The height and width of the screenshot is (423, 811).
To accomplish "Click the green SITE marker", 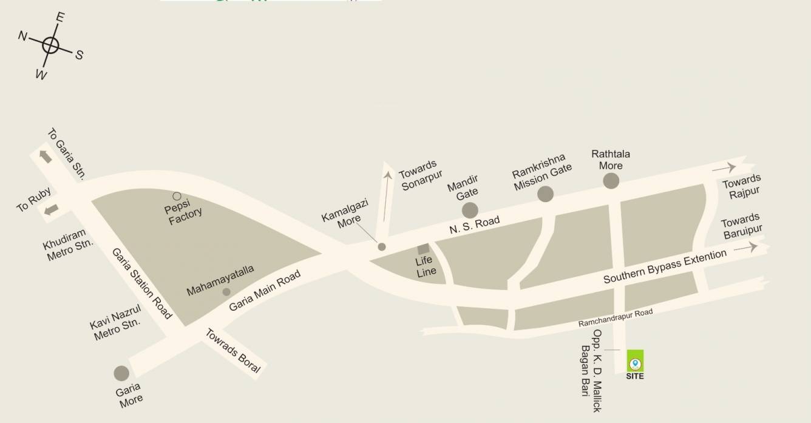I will click(635, 362).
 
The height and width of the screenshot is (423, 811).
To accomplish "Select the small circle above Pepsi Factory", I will click(177, 196).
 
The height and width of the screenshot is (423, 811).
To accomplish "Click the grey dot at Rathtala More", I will click(611, 180).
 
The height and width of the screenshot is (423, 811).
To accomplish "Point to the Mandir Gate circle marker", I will click(470, 210).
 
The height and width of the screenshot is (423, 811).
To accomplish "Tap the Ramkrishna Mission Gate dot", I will click(545, 194).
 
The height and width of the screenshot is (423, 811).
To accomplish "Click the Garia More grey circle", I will click(121, 373).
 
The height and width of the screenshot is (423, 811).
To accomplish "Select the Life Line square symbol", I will click(423, 249).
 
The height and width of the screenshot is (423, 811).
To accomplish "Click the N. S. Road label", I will click(475, 225).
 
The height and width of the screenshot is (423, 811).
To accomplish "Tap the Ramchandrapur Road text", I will click(615, 318).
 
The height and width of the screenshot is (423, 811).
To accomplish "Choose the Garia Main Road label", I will click(265, 291).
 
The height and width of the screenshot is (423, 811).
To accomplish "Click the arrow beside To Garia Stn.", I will click(46, 156).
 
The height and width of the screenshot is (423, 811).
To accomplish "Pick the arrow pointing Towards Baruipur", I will click(745, 248).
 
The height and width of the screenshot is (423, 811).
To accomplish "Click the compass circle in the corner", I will click(51, 44).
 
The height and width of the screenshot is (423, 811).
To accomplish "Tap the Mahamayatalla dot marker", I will click(226, 292).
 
